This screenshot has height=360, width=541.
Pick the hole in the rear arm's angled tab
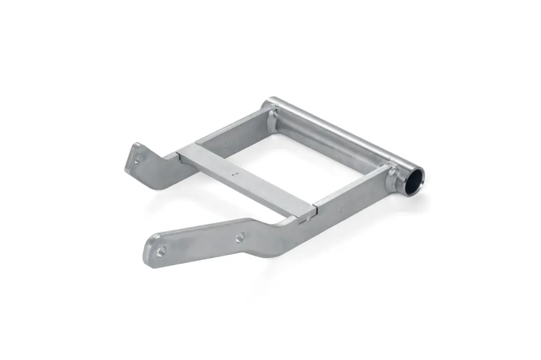tap(138, 158)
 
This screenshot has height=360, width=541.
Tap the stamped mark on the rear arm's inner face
tap(226, 144)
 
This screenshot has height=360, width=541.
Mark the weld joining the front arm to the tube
tap(392, 176)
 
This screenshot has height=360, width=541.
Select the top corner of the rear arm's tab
tap(136, 144)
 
